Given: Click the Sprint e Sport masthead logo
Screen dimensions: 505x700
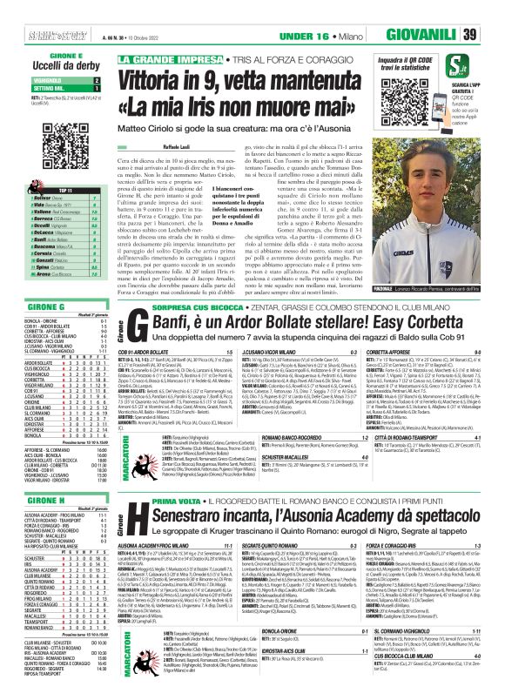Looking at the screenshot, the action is pyautogui.click(x=29, y=35).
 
